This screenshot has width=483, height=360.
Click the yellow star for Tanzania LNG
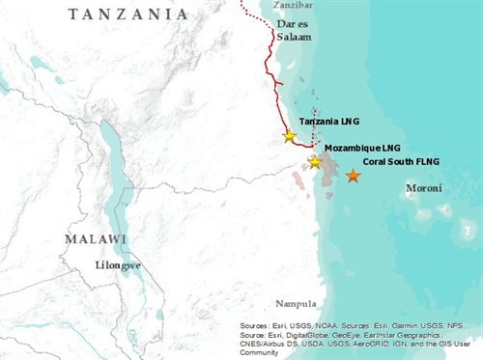pos(289,136)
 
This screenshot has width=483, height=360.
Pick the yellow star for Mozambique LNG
pos(314,161)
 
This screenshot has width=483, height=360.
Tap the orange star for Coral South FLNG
pos(354,176)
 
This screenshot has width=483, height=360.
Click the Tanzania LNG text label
pos(330,122)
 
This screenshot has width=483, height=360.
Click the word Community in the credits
pos(262,352)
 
